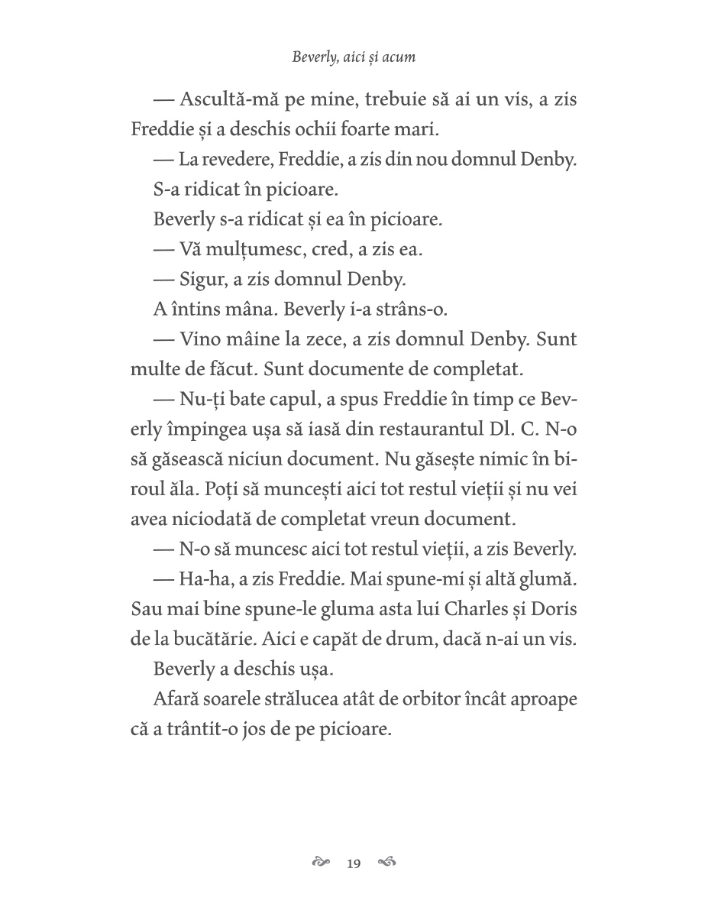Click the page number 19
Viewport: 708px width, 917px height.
coord(353,864)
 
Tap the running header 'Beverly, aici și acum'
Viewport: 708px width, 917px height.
coord(354,57)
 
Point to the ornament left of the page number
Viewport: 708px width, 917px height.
coord(321,864)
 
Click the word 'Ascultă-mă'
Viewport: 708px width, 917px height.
coord(229,100)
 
